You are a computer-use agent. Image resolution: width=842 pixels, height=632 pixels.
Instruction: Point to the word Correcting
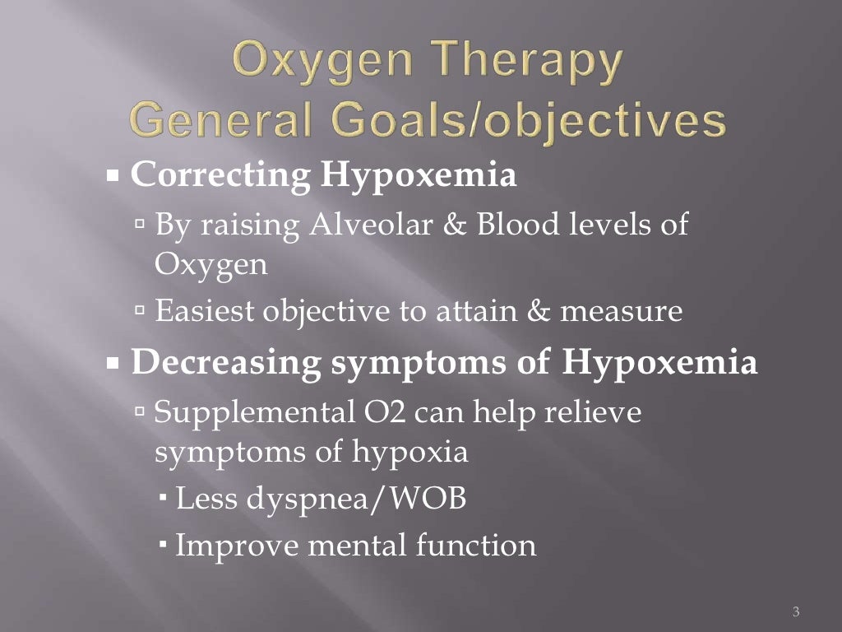[x=220, y=177]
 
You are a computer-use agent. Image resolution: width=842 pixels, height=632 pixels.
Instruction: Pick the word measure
[x=633, y=312]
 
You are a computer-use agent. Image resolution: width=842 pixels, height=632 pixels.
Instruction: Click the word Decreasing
[x=227, y=364]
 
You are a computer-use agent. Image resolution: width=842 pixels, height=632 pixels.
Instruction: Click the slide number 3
[x=795, y=611]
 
